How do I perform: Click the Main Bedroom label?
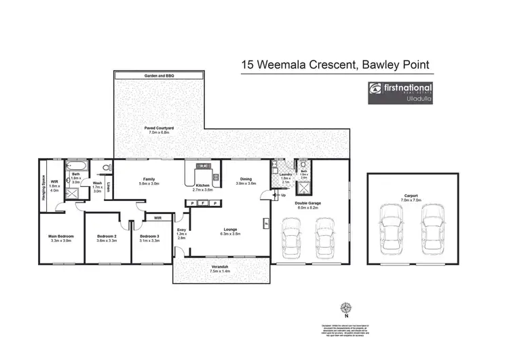click(x=61, y=236)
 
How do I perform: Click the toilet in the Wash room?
click(x=106, y=166)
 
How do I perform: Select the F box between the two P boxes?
click(x=204, y=203)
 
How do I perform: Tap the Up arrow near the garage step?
click(x=283, y=196)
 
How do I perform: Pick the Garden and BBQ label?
click(x=159, y=75)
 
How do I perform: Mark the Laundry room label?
click(x=285, y=175)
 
